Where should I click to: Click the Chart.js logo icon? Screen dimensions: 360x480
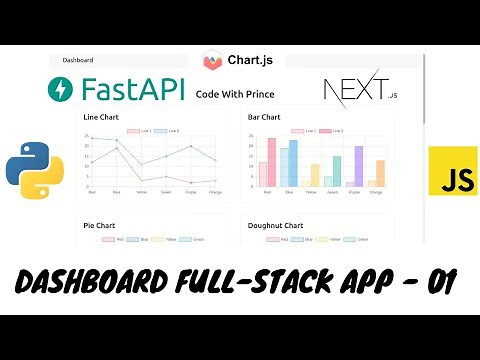click(212, 61)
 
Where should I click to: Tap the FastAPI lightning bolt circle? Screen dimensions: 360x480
click(60, 90)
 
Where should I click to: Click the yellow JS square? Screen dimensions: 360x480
click(452, 171)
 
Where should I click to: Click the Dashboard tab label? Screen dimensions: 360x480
click(77, 60)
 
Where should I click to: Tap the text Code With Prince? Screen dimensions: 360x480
click(235, 95)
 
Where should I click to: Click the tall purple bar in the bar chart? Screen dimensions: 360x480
click(359, 165)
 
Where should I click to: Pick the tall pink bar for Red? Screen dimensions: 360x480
click(271, 162)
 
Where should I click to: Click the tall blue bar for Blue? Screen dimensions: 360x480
click(293, 163)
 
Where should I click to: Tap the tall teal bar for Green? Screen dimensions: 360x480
click(337, 171)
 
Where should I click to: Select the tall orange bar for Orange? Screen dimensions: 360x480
click(381, 173)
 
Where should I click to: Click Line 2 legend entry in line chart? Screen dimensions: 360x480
click(170, 131)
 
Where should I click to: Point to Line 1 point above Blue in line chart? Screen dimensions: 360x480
click(118, 150)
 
